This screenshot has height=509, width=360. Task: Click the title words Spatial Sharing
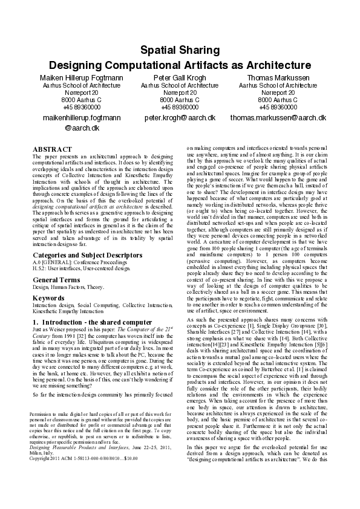click(x=180, y=51)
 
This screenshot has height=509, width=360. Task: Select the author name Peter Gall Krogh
click(x=180, y=78)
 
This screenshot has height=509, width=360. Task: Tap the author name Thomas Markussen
click(x=278, y=78)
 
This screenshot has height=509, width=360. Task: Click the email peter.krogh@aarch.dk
click(x=180, y=118)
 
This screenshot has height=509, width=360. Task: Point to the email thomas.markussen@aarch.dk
click(x=278, y=118)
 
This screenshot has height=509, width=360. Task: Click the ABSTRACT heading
click(x=52, y=149)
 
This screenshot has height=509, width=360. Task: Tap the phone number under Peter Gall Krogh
click(x=180, y=107)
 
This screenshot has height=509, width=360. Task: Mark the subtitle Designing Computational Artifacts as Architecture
click(x=180, y=65)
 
